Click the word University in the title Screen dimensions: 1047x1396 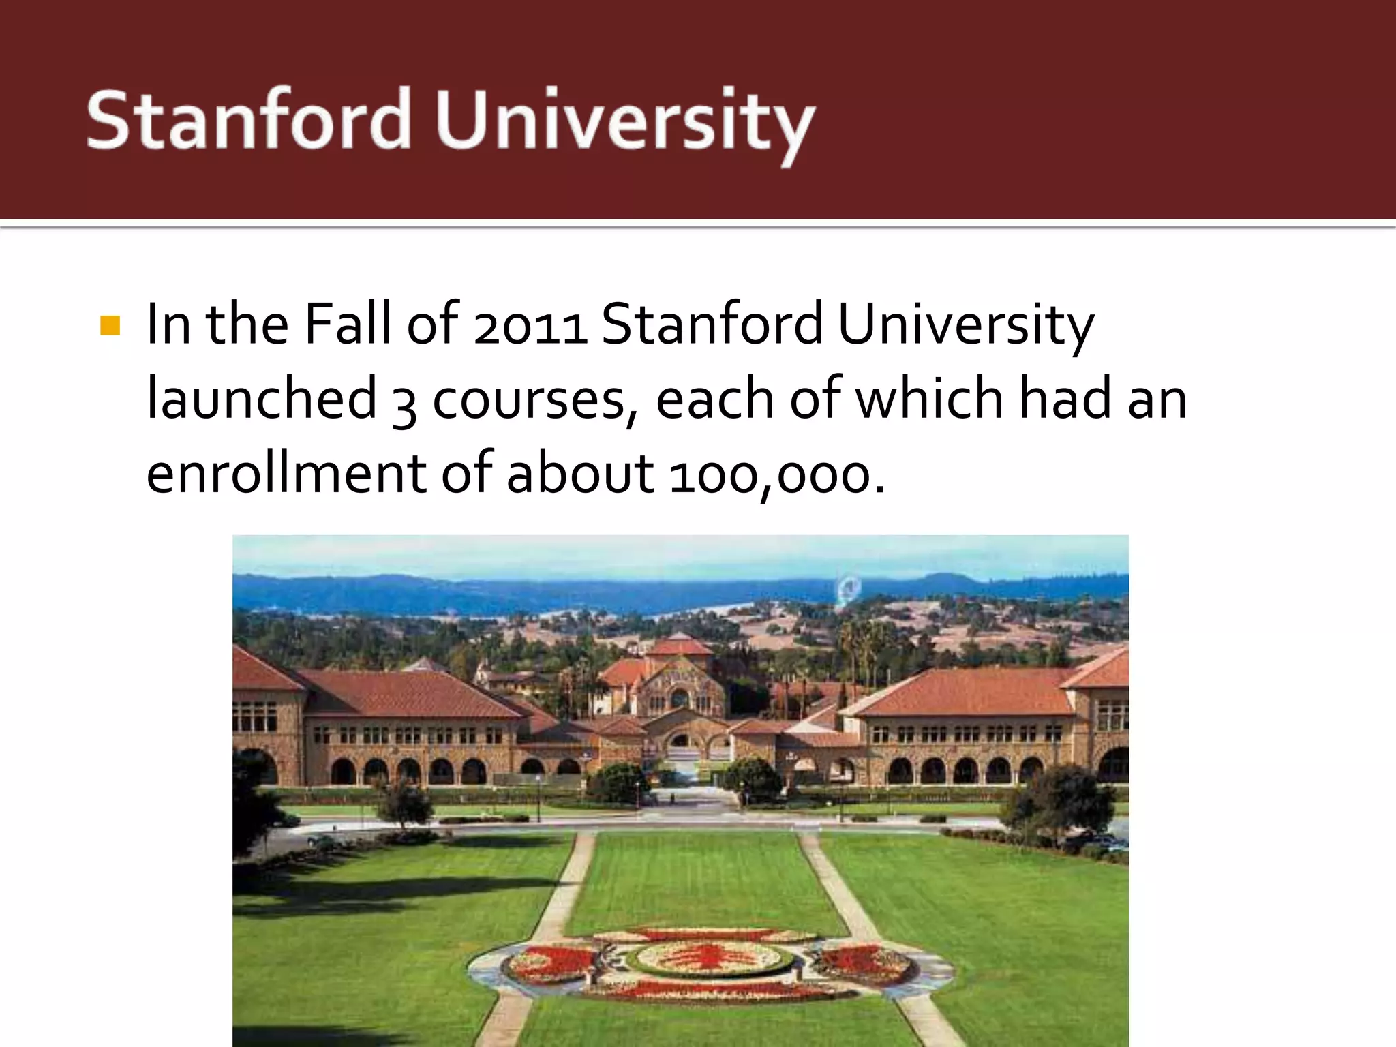click(624, 123)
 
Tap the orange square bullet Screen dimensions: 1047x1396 click(110, 325)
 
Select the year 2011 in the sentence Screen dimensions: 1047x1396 click(530, 326)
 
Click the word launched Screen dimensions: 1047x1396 click(262, 398)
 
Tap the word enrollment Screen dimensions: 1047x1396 click(286, 473)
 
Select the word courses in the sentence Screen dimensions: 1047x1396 click(529, 401)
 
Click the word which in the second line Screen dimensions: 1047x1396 click(929, 398)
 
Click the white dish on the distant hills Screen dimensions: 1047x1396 click(848, 588)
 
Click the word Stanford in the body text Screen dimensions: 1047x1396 click(712, 324)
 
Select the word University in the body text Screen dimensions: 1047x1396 click(965, 326)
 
